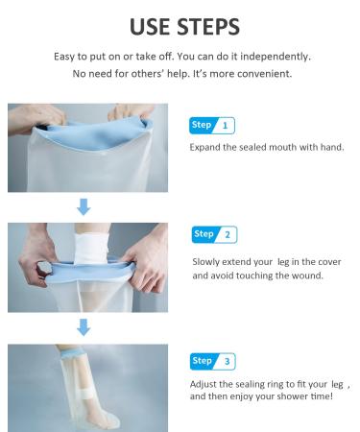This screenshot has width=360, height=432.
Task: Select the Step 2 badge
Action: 215,234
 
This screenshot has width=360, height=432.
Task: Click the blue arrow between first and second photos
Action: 83,205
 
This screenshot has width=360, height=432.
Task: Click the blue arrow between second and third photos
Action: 83,326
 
